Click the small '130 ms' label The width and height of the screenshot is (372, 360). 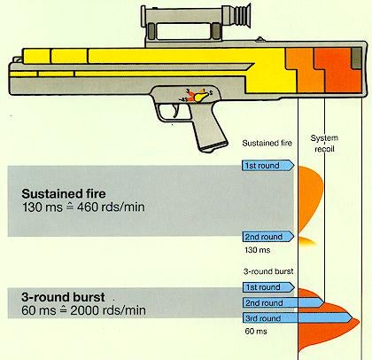[x=257, y=251]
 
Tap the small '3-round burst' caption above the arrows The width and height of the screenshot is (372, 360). [x=268, y=273]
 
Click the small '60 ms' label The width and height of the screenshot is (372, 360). [x=255, y=331]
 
